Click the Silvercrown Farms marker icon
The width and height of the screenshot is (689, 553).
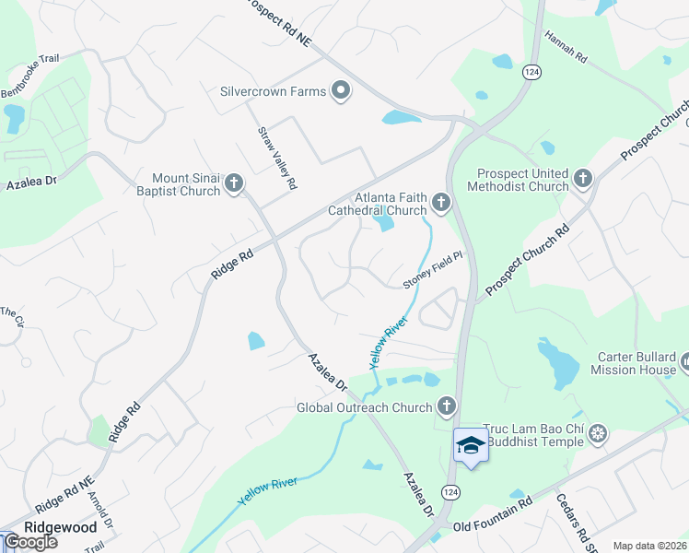point(342,91)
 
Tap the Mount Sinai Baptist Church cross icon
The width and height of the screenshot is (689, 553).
point(234,183)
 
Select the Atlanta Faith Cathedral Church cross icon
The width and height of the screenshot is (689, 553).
point(441,202)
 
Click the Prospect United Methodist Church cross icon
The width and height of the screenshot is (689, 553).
point(582,178)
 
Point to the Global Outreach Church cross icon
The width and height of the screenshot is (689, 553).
point(447,406)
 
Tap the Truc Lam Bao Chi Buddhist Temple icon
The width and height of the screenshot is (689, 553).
point(598,433)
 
